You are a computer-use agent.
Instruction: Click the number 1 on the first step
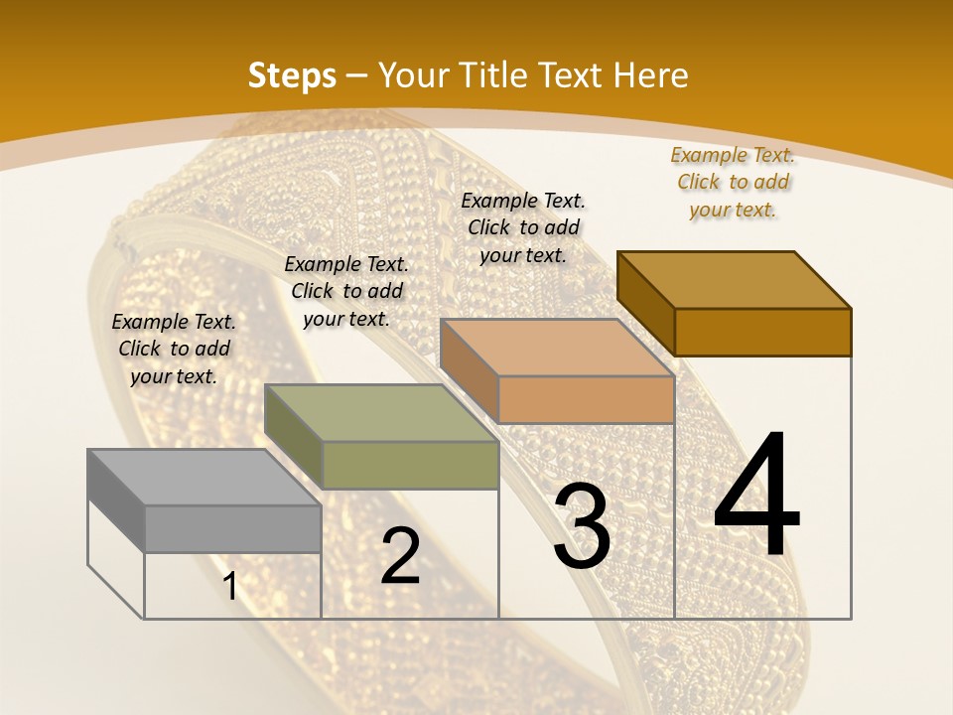230,586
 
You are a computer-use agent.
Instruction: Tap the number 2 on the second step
400,556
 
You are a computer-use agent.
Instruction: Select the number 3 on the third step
582,526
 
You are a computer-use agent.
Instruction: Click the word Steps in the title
292,75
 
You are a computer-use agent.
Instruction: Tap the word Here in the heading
651,75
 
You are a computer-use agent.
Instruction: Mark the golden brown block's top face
735,279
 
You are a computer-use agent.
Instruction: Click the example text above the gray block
174,349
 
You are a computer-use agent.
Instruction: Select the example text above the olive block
346,291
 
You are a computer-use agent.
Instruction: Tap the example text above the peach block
523,227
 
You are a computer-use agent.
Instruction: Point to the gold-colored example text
734,182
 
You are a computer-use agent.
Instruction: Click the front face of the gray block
233,528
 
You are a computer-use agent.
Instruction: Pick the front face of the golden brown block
762,332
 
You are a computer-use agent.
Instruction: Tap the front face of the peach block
586,399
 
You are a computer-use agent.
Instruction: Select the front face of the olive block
410,465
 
